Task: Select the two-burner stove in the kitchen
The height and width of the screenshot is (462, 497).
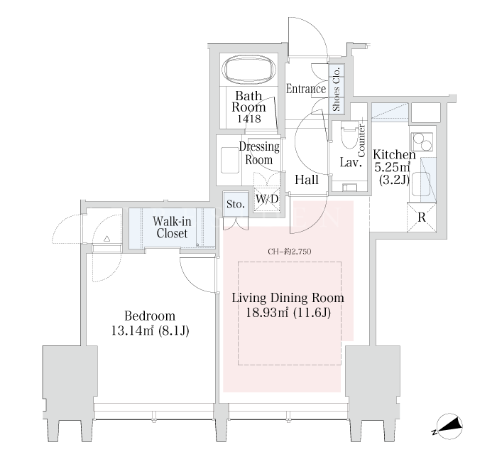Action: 422,141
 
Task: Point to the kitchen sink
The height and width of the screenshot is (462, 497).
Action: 420,184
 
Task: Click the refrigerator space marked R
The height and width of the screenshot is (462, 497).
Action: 422,217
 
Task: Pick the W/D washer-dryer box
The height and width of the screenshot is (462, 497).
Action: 267,199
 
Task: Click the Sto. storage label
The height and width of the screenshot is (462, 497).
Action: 236,204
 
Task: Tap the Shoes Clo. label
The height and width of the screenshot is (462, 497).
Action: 336,89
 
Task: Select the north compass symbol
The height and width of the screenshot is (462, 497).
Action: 449,426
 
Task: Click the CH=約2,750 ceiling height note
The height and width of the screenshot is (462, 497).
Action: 290,252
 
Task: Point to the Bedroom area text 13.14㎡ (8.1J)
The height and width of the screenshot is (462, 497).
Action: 150,331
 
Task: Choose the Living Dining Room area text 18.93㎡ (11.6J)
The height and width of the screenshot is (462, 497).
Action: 288,313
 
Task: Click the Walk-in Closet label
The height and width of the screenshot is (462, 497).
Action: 172,227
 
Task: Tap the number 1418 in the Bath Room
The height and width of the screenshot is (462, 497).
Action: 249,119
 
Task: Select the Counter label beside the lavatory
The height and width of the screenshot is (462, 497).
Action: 361,140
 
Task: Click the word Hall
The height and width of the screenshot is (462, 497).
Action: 307,180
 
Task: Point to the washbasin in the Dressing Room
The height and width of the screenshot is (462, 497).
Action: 230,160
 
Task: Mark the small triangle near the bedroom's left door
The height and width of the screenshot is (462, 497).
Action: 106,239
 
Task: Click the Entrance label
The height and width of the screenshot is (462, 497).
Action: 306,89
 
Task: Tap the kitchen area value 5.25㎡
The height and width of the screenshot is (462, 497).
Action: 392,167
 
